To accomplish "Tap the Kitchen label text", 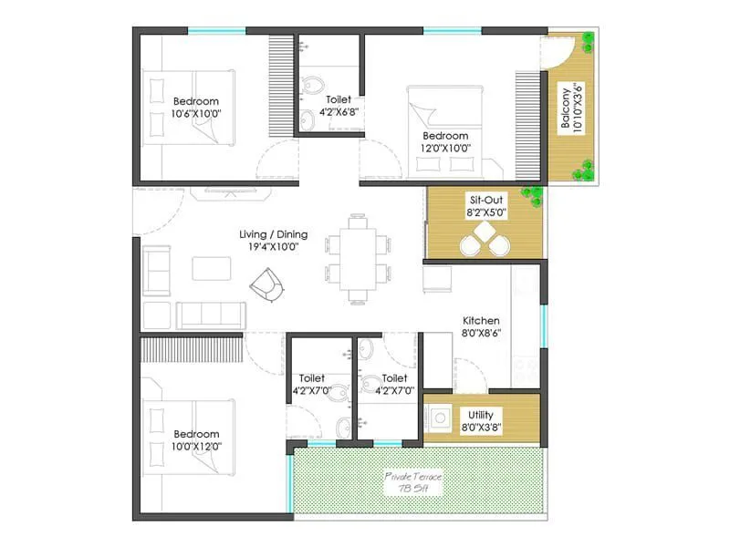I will tap(481, 321).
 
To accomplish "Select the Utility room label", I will tap(481, 414).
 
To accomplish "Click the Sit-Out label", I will tap(486, 199).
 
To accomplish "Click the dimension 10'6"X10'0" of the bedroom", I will tap(195, 114).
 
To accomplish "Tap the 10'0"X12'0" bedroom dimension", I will tap(196, 447).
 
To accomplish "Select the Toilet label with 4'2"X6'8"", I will tap(337, 112).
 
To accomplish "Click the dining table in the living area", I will tap(358, 258).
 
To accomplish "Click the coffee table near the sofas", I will tap(212, 267).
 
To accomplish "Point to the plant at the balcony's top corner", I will tap(587, 41).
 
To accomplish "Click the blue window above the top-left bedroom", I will tap(216, 31).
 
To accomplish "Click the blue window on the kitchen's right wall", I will tap(544, 325).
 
